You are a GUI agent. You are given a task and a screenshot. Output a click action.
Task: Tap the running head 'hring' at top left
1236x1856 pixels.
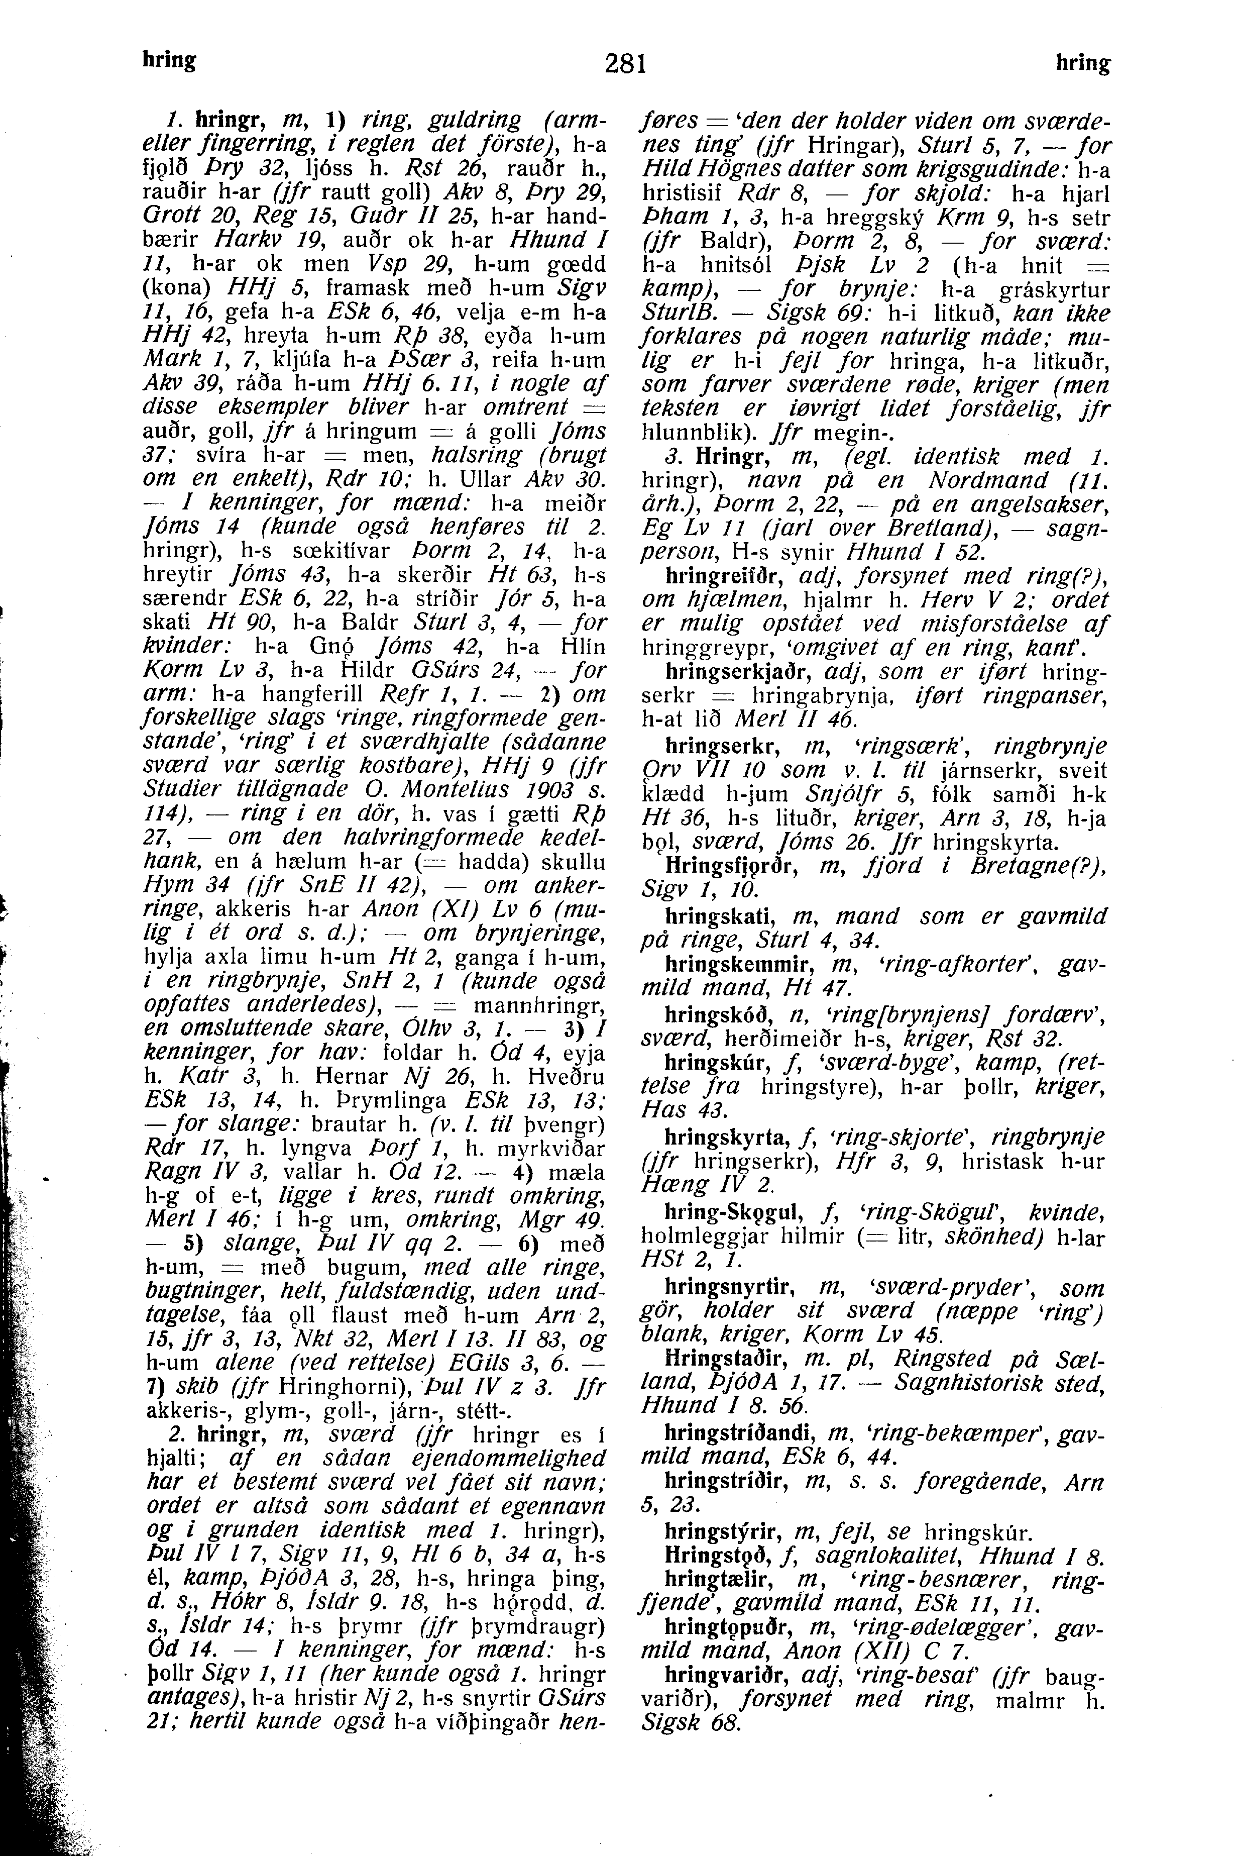(169, 59)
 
